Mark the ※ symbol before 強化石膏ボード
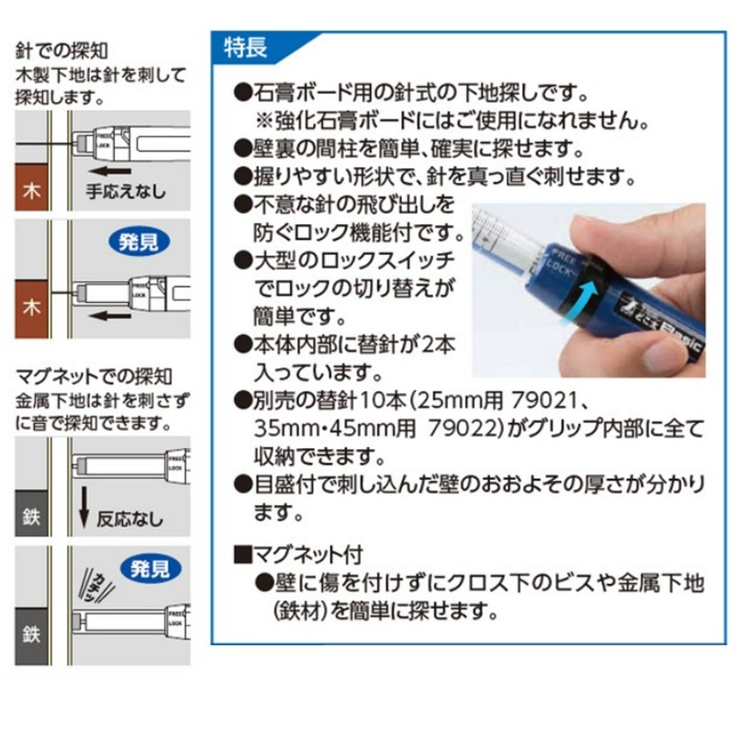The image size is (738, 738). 264,119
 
